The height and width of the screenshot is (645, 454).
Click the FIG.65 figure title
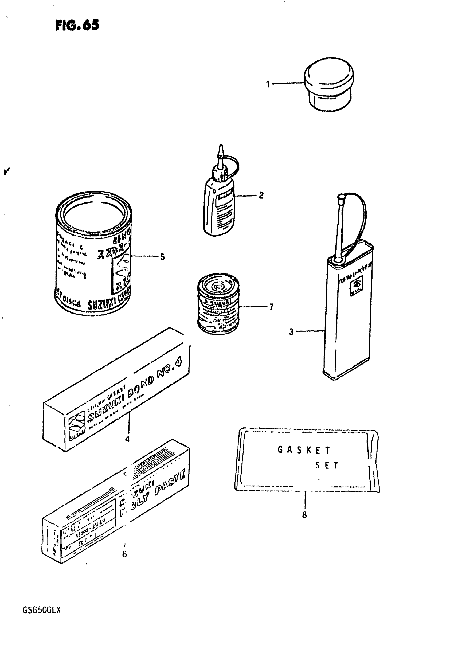[77, 26]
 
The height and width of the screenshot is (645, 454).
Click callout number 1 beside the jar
[268, 84]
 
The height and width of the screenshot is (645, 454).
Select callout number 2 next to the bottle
[261, 195]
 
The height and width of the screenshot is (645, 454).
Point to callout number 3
[291, 332]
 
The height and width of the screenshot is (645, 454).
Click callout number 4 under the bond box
[127, 439]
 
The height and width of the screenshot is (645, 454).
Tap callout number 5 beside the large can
[162, 257]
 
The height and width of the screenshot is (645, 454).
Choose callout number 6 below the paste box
[124, 554]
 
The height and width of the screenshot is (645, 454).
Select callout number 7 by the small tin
[271, 307]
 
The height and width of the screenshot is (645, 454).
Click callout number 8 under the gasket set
[304, 515]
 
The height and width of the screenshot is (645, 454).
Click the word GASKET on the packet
[304, 450]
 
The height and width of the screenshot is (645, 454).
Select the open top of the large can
[93, 211]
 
